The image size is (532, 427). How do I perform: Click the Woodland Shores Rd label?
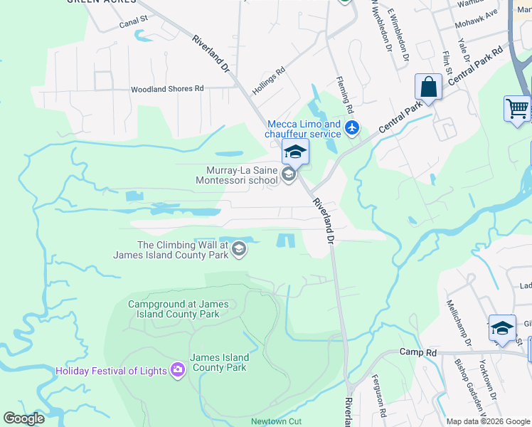tap(167, 90)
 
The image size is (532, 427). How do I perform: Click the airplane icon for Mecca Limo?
tap(351, 129)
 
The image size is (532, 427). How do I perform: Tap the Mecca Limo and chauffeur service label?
tap(303, 129)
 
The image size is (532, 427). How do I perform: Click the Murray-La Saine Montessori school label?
tap(242, 175)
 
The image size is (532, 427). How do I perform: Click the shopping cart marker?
tap(517, 109)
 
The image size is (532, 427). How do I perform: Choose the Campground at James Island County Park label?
tap(179, 309)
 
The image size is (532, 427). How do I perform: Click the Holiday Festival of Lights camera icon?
tap(177, 370)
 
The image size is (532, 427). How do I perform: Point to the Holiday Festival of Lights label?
tap(112, 370)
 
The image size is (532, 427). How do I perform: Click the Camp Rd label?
tap(417, 352)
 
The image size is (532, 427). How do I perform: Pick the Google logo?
tap(24, 418)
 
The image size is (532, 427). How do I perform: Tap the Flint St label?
tap(447, 62)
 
